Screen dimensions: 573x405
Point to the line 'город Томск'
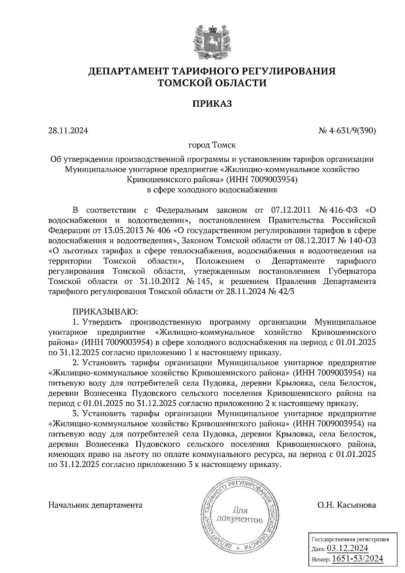point(212,145)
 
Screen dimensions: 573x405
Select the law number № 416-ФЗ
point(340,211)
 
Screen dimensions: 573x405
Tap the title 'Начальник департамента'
point(96,505)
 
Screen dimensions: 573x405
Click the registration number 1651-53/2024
point(358,558)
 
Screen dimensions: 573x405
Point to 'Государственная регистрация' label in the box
point(350,539)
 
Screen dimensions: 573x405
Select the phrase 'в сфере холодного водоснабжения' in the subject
point(212,190)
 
